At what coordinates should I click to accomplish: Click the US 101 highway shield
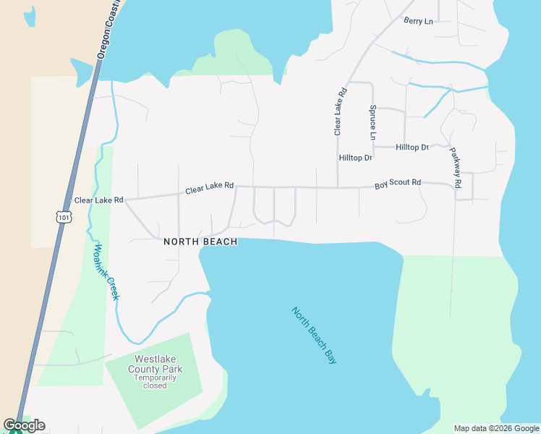click(63, 216)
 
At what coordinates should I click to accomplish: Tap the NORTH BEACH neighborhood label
click(200, 242)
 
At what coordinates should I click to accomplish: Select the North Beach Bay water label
click(315, 335)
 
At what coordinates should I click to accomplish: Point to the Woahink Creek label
click(105, 271)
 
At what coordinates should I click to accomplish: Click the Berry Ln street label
click(418, 21)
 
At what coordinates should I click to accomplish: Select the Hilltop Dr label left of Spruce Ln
click(355, 158)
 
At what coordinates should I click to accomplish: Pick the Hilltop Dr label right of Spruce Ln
click(412, 148)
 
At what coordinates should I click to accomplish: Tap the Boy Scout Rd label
click(397, 184)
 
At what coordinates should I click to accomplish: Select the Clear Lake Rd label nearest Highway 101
click(98, 200)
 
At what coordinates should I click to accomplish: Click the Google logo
click(24, 425)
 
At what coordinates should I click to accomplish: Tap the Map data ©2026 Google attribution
click(495, 428)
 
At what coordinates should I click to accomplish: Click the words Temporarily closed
click(155, 382)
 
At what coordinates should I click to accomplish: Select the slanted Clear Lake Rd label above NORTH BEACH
click(209, 188)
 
